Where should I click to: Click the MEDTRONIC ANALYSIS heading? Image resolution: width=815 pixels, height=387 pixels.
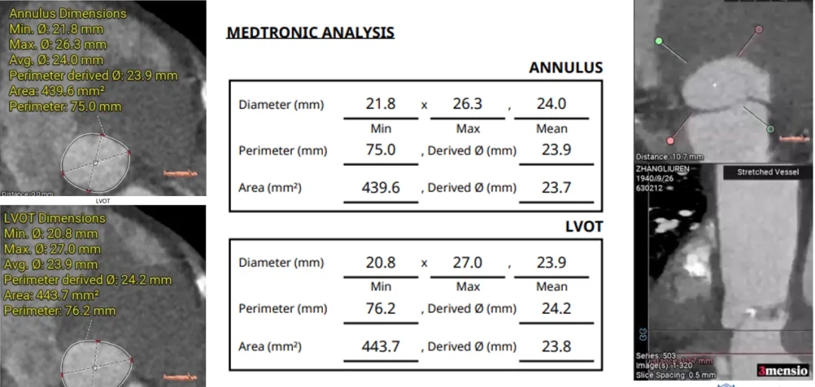point(310,32)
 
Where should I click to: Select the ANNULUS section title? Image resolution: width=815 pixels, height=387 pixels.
point(565,67)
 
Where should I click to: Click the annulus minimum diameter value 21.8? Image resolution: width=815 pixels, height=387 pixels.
point(380,104)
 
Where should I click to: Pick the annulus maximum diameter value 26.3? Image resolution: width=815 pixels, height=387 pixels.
point(467,104)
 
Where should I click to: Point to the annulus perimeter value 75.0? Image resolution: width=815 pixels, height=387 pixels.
point(380,149)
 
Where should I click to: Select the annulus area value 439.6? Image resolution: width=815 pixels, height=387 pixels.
point(380,187)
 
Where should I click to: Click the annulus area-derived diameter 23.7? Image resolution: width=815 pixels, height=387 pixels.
point(556,187)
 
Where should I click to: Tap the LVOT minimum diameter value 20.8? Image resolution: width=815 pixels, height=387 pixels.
point(380,263)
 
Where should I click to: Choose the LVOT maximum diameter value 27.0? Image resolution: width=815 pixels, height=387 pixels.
point(467,263)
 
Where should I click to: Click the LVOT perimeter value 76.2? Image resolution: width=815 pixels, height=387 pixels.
point(380,308)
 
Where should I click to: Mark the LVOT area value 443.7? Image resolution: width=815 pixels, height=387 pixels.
point(380,346)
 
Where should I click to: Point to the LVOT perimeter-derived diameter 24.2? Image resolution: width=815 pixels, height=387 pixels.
point(556,308)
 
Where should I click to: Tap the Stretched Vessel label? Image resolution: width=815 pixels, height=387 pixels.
point(767,172)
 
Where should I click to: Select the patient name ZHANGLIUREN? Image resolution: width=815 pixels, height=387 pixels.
point(663,170)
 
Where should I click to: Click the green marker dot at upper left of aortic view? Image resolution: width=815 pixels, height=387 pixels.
point(659,40)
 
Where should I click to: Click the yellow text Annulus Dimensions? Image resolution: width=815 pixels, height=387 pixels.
point(68,14)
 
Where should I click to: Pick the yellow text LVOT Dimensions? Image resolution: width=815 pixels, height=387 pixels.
point(54,218)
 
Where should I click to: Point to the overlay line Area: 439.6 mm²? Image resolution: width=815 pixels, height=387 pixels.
point(57,91)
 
